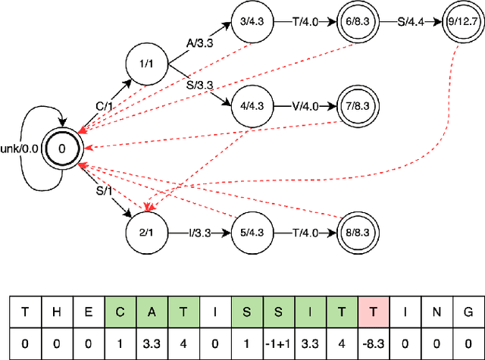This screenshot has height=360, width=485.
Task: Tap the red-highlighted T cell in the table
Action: click(371, 311)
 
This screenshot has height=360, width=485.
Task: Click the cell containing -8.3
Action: click(371, 343)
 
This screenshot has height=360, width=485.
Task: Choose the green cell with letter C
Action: click(120, 311)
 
